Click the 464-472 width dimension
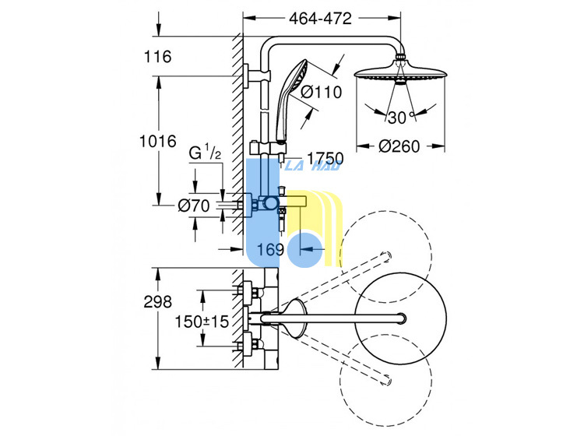tap(320, 18)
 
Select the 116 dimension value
tap(157, 57)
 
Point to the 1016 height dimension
tap(157, 141)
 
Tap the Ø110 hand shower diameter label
tap(321, 92)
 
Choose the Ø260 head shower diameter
tap(399, 146)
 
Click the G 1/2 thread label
tap(205, 153)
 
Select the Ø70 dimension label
tap(194, 206)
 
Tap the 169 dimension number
tap(270, 249)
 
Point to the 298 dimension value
tap(158, 301)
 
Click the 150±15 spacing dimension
tap(202, 322)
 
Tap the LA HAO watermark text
tap(312, 166)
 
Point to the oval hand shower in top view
tap(295, 318)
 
